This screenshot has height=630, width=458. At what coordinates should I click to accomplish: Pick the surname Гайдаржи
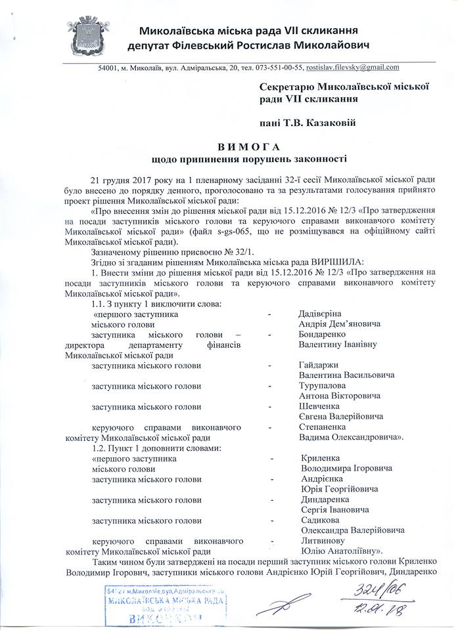coord(318,365)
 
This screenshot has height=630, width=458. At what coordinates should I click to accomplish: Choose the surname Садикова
coord(318,520)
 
